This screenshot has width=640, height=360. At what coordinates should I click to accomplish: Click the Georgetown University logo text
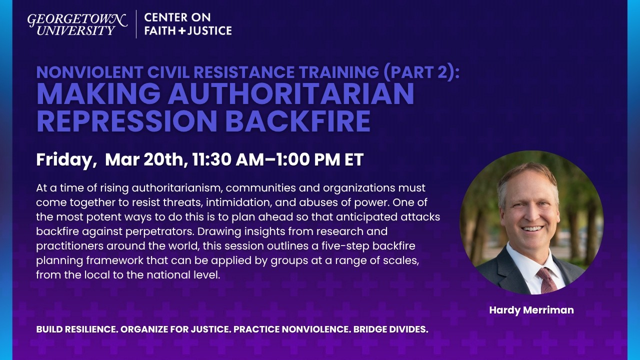point(77,24)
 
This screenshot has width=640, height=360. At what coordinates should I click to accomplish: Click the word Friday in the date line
point(65,160)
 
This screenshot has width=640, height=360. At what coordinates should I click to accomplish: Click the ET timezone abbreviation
point(353,160)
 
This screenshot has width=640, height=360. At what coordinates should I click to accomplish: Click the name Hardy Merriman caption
point(531,310)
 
